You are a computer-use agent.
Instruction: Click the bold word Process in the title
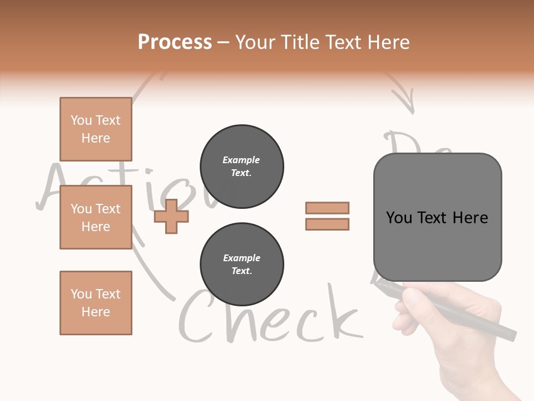pyautogui.click(x=175, y=42)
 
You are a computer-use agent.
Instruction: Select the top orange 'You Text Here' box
pyautogui.click(x=96, y=129)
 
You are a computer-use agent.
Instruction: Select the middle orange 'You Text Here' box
pyautogui.click(x=96, y=217)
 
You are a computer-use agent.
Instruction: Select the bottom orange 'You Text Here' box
pyautogui.click(x=96, y=303)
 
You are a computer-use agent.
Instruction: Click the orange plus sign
pyautogui.click(x=171, y=216)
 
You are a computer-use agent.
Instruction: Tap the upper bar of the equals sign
pyautogui.click(x=328, y=208)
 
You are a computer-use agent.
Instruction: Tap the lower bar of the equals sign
pyautogui.click(x=328, y=224)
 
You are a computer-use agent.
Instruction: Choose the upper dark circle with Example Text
pyautogui.click(x=242, y=167)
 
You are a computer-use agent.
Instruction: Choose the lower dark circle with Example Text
pyautogui.click(x=242, y=265)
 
